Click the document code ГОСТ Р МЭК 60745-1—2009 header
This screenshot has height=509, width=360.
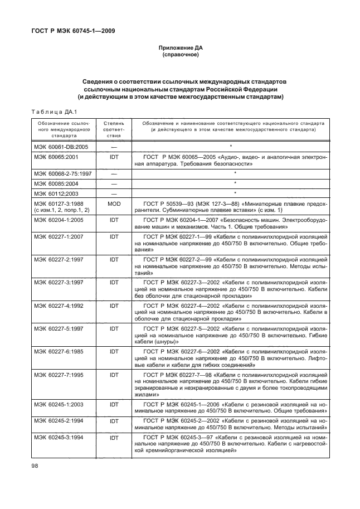coord(72,31)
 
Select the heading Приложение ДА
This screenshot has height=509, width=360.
coord(180,49)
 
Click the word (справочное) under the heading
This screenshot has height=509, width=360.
coord(180,56)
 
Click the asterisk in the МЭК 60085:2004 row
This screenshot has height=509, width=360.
coord(236,183)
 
